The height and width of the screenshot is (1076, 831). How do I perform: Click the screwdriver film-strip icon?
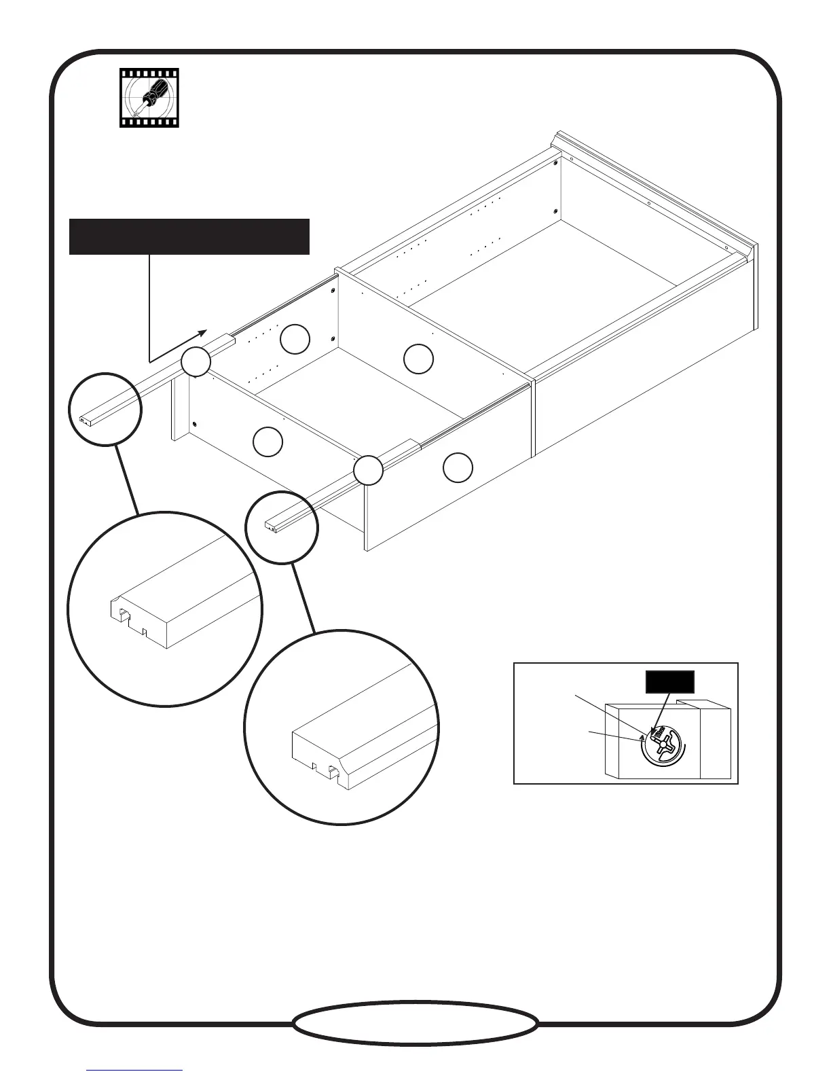pyautogui.click(x=149, y=98)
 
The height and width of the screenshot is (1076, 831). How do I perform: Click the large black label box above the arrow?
pyautogui.click(x=189, y=236)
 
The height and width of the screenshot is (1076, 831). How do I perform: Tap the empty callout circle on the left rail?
pyautogui.click(x=196, y=362)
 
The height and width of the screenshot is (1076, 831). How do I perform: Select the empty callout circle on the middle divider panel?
pyautogui.click(x=418, y=359)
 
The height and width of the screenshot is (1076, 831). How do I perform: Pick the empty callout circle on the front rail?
pyautogui.click(x=369, y=471)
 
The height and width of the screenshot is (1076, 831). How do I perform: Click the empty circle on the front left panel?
pyautogui.click(x=267, y=442)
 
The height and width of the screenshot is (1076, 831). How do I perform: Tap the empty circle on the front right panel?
pyautogui.click(x=458, y=467)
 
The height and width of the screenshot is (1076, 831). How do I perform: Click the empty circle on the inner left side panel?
pyautogui.click(x=295, y=340)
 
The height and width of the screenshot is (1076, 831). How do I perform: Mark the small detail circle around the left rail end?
pyautogui.click(x=105, y=409)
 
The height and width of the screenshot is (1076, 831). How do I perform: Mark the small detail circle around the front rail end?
pyautogui.click(x=281, y=527)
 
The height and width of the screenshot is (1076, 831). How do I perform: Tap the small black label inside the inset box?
pyautogui.click(x=669, y=681)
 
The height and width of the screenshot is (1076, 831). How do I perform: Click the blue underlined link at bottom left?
pyautogui.click(x=135, y=1070)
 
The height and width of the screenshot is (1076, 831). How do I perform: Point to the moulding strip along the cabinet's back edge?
pyautogui.click(x=652, y=190)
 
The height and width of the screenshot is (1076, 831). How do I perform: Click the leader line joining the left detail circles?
pyautogui.click(x=127, y=480)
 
